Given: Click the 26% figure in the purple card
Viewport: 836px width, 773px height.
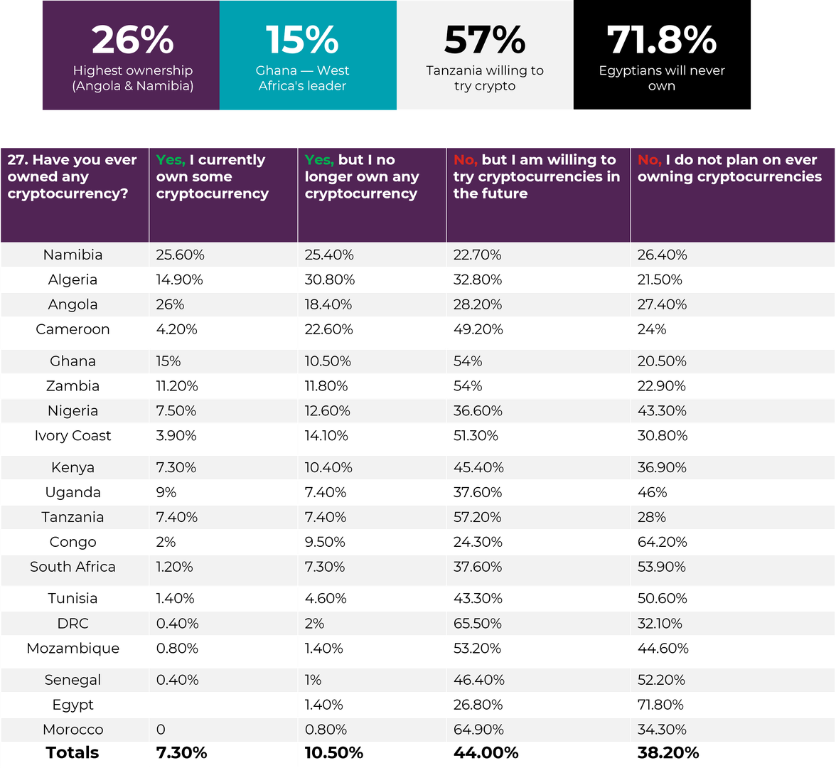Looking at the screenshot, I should tap(132, 41).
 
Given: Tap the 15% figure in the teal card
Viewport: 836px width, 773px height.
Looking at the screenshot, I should tap(302, 41).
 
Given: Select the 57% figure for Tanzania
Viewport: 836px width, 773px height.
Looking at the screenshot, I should tap(485, 41).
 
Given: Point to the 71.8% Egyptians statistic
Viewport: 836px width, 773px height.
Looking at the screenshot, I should tap(661, 41).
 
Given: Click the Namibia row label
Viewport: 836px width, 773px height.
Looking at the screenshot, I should tap(73, 255).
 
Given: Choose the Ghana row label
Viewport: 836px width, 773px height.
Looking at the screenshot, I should tap(73, 361).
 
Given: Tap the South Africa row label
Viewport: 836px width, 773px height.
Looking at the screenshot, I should tap(73, 567).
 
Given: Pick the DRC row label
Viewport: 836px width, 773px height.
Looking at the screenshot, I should tap(73, 624).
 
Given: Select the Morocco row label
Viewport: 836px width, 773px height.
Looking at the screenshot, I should tap(73, 730).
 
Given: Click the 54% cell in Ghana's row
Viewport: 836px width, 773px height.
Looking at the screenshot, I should tap(468, 361).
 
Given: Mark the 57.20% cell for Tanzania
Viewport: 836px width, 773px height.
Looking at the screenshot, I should tap(478, 517).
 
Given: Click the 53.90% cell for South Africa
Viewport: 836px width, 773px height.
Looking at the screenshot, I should tap(662, 567).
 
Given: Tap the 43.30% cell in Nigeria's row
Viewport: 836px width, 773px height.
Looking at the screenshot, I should tap(662, 411).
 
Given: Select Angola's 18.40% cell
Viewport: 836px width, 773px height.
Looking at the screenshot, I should tap(329, 304).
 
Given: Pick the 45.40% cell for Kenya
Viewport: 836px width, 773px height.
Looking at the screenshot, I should tap(478, 467).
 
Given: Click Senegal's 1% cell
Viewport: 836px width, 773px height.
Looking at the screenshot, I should tap(313, 680).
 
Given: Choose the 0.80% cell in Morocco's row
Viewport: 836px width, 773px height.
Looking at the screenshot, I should tap(326, 730).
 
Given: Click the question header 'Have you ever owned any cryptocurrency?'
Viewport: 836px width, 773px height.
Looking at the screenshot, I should tap(73, 176).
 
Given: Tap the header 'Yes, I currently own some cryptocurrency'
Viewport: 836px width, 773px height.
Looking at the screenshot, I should tap(213, 176).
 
